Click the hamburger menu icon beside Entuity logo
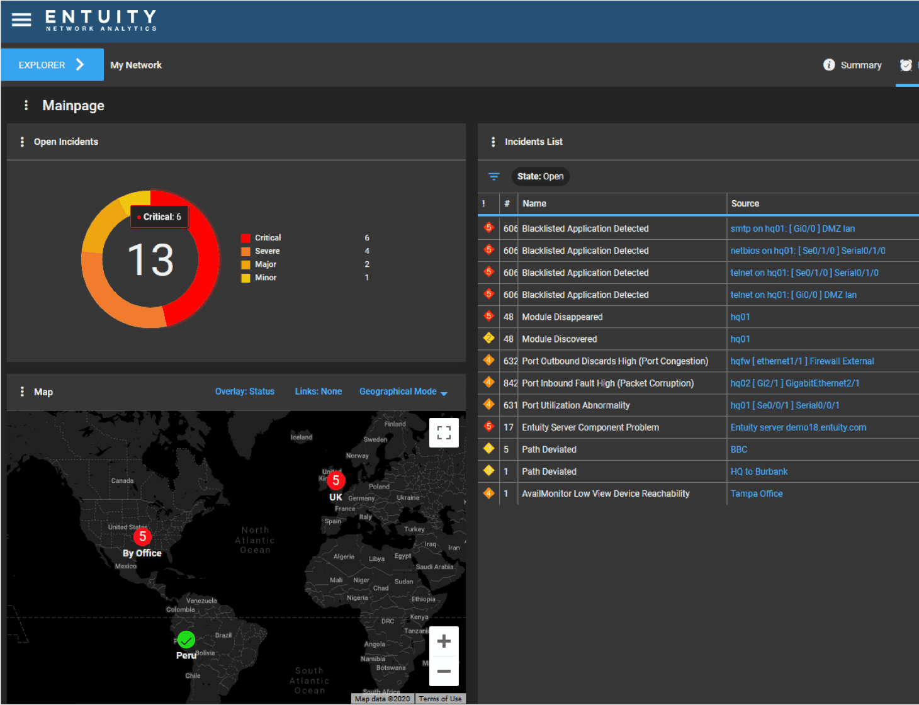tap(21, 20)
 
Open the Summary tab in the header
tap(860, 65)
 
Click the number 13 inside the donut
tap(150, 260)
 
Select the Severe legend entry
tap(267, 251)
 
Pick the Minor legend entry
tap(265, 278)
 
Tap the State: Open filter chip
tap(540, 176)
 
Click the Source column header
tap(745, 203)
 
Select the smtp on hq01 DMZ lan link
tap(792, 228)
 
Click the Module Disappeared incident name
tap(562, 317)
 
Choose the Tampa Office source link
tap(756, 493)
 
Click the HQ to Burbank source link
tap(758, 471)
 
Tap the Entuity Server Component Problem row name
tap(590, 427)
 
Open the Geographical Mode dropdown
tap(403, 392)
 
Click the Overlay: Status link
tap(244, 392)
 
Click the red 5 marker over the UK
tap(335, 481)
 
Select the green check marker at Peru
tap(186, 640)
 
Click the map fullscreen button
tap(444, 432)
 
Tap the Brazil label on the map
tap(223, 635)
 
